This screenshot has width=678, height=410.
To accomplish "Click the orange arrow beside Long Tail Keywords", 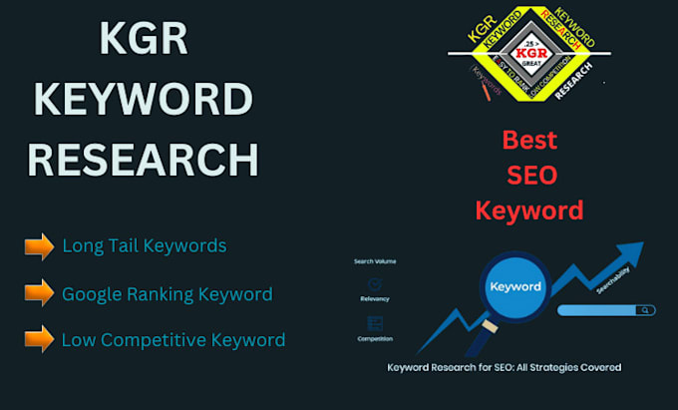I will (x=39, y=245).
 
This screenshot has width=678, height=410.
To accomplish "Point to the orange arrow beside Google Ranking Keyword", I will (x=39, y=293).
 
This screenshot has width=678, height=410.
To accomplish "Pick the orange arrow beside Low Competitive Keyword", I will (x=39, y=339).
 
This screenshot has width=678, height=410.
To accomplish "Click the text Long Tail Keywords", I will (x=144, y=245).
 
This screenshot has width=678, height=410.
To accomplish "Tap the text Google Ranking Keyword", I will (x=167, y=294).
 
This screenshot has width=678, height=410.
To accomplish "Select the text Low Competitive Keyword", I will (x=172, y=340).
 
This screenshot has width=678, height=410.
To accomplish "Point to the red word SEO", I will (x=529, y=175).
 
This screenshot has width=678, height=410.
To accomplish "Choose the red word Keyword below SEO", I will (x=528, y=210).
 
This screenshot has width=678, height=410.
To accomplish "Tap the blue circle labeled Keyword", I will (x=515, y=286).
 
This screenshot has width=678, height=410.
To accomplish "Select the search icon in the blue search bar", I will (x=647, y=310).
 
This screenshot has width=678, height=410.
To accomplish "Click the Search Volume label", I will (x=375, y=261).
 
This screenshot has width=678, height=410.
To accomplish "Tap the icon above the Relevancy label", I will (x=375, y=284).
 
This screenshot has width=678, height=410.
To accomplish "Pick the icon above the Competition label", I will (x=375, y=322).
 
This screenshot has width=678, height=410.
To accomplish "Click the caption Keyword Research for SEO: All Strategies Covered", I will (x=505, y=367).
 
